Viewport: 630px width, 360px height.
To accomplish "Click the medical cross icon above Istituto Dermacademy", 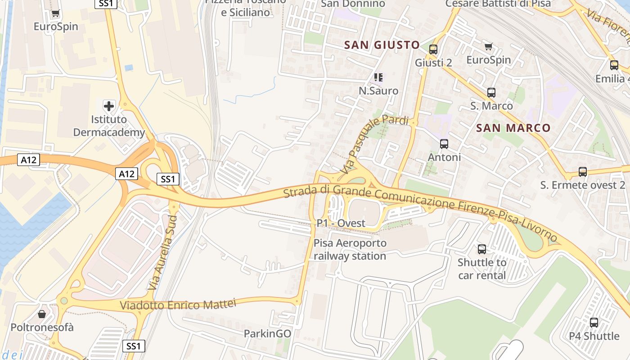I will tap(109, 106).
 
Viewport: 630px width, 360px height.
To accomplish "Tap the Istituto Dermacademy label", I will tap(109, 126).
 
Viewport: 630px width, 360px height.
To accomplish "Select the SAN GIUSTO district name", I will tap(382, 45).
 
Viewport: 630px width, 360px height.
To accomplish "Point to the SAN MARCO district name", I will tap(513, 128).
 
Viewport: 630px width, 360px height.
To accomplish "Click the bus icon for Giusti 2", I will tap(433, 49).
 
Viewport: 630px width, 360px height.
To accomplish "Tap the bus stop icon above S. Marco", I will tap(491, 93).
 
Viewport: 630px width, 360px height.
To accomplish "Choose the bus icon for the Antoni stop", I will tap(444, 144).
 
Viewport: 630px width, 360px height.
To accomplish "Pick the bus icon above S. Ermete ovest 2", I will tap(583, 172).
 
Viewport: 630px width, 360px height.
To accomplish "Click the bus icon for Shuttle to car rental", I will tap(482, 249).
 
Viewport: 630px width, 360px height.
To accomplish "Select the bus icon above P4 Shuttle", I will tap(594, 322).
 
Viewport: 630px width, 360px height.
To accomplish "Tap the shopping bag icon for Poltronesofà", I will tap(42, 314).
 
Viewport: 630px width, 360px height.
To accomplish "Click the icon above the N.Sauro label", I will tap(378, 77).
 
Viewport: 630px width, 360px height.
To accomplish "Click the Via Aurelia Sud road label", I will tap(163, 252).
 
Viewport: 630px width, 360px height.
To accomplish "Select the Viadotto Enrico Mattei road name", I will tap(178, 304).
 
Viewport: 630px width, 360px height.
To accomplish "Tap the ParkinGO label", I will tap(267, 333).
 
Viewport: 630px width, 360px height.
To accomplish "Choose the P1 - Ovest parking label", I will tap(341, 223).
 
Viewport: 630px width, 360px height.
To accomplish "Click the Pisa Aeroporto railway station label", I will tap(350, 250).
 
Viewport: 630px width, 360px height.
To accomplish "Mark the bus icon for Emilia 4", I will tap(614, 65).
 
